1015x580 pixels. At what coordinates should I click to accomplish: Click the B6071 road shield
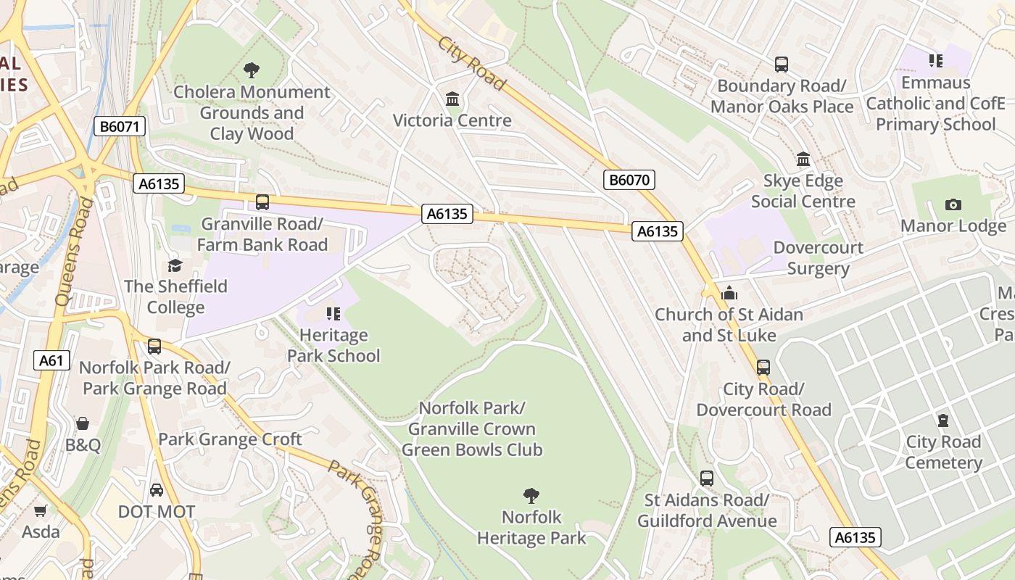[x=120, y=127]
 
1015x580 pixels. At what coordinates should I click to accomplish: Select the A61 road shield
[x=51, y=360]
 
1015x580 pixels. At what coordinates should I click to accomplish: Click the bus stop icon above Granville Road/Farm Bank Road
[x=262, y=202]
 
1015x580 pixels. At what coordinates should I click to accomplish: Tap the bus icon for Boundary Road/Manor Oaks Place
[x=782, y=65]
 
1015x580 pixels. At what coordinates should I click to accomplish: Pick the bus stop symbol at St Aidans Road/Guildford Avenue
[x=707, y=478]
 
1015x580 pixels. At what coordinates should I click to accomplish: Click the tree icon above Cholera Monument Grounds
[x=252, y=70]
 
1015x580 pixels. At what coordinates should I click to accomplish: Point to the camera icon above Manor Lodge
[x=953, y=204]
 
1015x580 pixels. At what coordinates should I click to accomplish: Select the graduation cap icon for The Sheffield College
[x=175, y=265]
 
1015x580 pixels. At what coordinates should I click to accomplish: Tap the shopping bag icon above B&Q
[x=83, y=423]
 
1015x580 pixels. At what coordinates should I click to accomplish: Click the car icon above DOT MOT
[x=157, y=490]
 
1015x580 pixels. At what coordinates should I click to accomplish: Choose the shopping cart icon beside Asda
[x=41, y=511]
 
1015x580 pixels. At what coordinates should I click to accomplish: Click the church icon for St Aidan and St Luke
[x=729, y=293]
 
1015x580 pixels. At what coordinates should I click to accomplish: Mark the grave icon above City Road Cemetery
[x=943, y=420]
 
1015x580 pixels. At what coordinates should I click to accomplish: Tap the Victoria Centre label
[x=452, y=120]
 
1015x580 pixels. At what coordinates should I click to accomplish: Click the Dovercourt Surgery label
[x=818, y=258]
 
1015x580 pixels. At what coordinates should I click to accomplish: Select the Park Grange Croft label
[x=230, y=439]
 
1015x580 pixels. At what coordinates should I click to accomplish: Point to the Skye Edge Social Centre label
[x=803, y=191]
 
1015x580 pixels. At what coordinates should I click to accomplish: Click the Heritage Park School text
[x=333, y=346]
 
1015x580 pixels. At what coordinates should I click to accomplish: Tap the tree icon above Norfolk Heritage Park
[x=531, y=496]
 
